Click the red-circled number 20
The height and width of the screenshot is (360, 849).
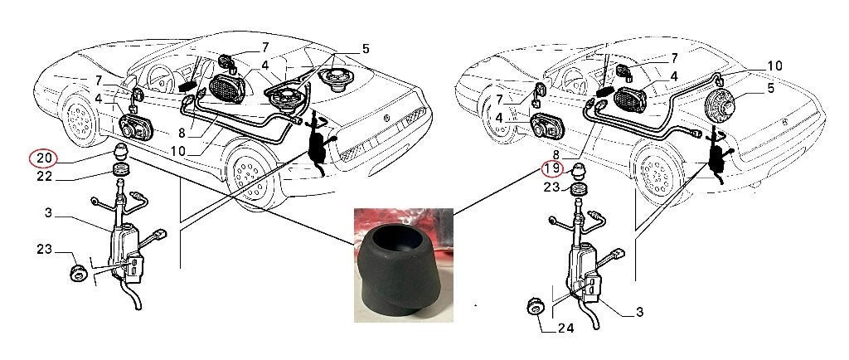tap(43, 158)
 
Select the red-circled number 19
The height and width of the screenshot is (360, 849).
tap(553, 169)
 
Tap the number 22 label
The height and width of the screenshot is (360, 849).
tap(45, 177)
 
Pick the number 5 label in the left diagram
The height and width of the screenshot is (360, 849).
tap(366, 49)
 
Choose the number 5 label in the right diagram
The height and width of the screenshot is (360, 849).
tap(771, 88)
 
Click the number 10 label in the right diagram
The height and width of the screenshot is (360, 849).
tap(775, 66)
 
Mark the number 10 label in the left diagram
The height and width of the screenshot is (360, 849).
tap(178, 151)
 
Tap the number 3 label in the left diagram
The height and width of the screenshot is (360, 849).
tap(48, 212)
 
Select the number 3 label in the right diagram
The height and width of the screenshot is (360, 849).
tap(639, 313)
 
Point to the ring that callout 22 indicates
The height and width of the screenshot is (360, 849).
tap(121, 169)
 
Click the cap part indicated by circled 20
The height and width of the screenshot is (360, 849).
tap(121, 153)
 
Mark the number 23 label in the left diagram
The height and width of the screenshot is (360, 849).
tap(45, 250)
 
